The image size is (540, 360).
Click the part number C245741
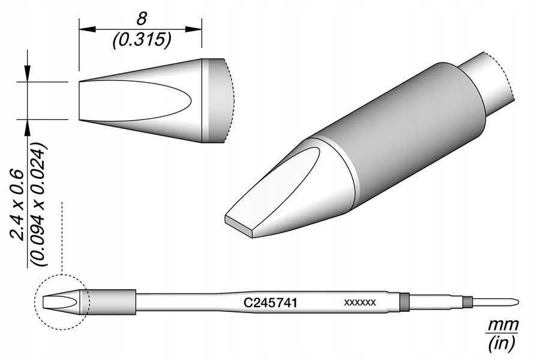tap(270, 303)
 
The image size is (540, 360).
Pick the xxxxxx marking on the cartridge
tap(360, 302)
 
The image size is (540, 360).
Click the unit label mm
tap(502, 325)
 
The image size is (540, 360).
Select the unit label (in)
tap(502, 344)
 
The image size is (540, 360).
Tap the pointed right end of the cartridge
tap(517, 301)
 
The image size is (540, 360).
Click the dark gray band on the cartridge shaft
tap(404, 302)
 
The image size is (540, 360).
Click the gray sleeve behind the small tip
tap(112, 302)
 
